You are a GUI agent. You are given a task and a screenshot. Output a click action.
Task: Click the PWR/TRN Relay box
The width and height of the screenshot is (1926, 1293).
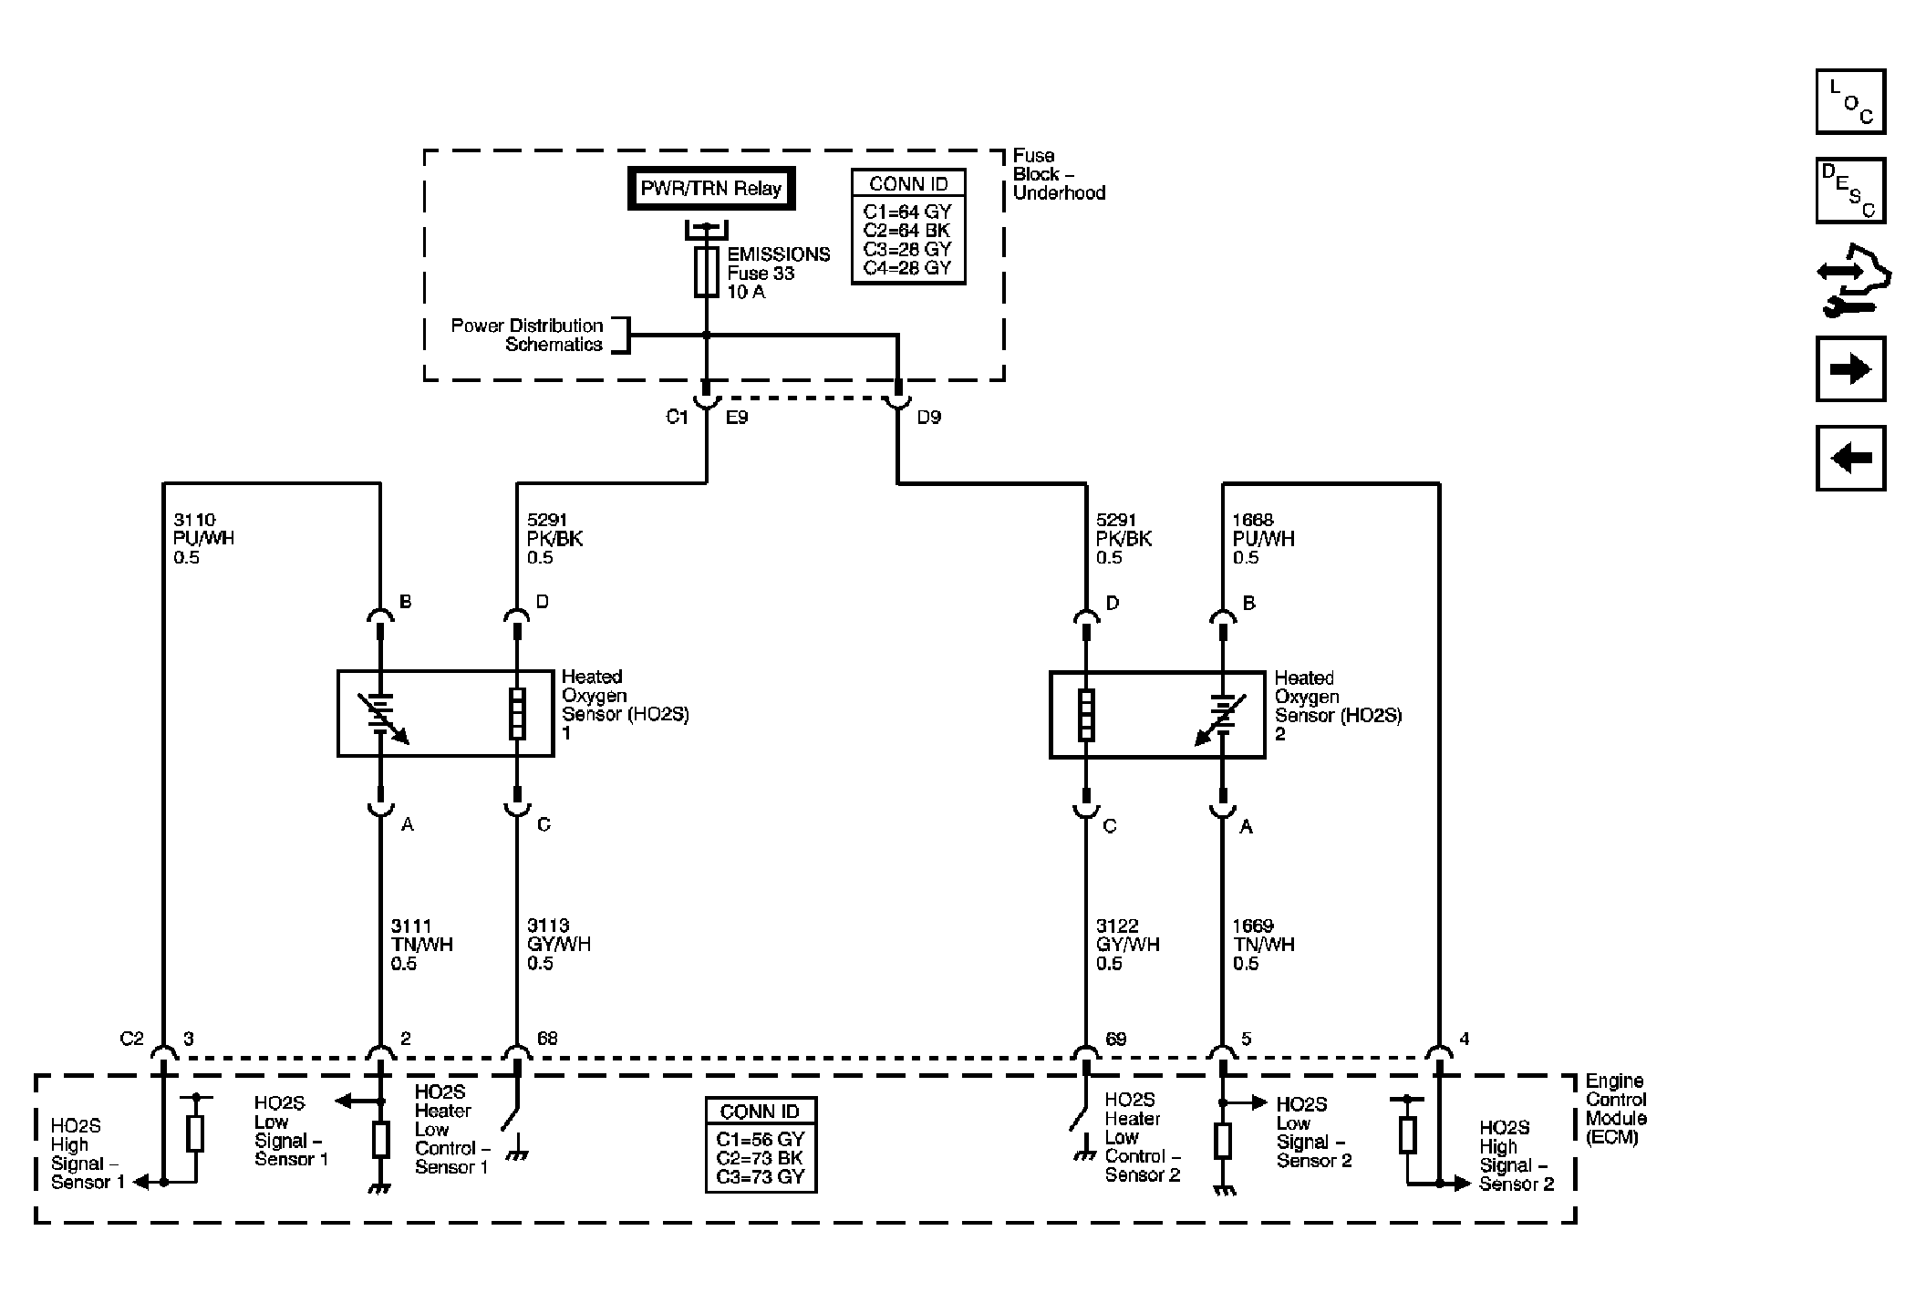click(711, 189)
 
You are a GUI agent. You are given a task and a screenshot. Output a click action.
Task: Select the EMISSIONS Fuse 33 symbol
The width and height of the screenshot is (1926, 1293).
click(706, 272)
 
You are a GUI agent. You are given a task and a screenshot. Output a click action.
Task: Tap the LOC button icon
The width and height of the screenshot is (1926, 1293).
click(1850, 101)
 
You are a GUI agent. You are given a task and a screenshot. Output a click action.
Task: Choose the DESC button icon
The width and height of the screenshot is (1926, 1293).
click(1850, 191)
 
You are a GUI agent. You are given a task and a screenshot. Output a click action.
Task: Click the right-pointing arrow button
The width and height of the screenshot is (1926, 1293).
click(1850, 369)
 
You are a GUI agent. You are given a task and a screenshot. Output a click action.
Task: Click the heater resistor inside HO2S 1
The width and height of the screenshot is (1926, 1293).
click(517, 714)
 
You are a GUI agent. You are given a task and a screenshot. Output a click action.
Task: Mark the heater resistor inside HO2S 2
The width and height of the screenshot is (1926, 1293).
click(1085, 715)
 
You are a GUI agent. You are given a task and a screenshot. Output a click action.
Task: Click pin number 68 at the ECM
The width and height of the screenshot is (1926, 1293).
click(547, 1039)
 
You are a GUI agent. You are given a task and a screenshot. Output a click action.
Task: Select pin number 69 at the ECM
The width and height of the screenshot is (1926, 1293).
click(1116, 1039)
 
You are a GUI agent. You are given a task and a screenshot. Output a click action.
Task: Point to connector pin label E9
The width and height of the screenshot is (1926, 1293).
click(737, 418)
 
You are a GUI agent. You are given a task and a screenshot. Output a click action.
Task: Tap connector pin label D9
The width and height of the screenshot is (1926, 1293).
click(929, 418)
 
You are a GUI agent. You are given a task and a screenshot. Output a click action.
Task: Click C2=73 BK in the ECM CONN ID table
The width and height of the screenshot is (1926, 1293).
click(761, 1158)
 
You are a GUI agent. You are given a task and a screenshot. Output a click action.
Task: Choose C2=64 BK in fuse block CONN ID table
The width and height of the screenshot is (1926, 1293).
click(907, 231)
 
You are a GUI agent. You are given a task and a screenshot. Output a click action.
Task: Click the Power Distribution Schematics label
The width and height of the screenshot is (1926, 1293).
click(527, 335)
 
